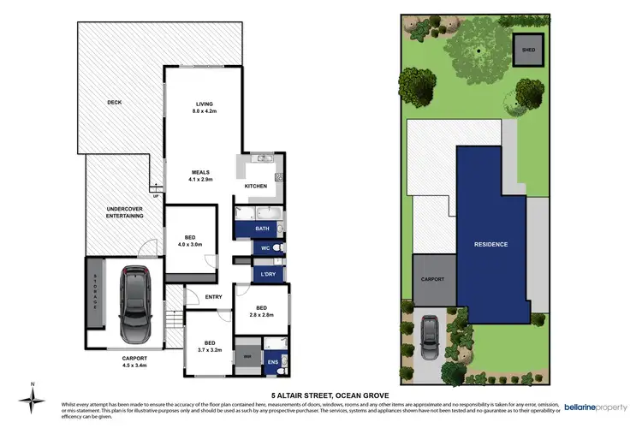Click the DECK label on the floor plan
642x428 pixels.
115,103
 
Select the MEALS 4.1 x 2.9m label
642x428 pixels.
200,175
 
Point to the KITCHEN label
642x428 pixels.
256,186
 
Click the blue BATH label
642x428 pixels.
262,229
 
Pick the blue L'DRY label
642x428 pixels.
265,275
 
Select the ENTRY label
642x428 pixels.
213,297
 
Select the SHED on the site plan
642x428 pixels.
527,49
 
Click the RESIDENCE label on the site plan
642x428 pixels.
491,244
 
